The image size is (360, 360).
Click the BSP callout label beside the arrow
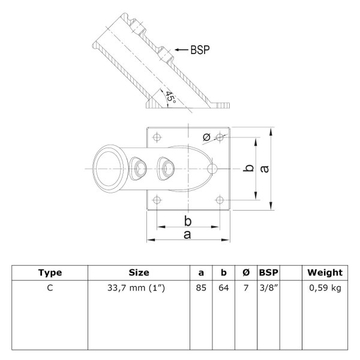click(x=200, y=50)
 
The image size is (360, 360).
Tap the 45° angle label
click(x=171, y=97)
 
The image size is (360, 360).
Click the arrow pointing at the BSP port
click(x=181, y=50)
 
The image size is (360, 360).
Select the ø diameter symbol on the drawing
click(x=206, y=137)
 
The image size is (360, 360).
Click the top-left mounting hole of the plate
click(x=157, y=137)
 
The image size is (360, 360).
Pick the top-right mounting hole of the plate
click(x=220, y=137)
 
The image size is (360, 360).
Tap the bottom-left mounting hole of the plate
click(x=157, y=200)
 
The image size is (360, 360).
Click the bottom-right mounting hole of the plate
click(x=220, y=200)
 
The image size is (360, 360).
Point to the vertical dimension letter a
click(x=265, y=169)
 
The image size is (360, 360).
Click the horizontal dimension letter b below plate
click(x=188, y=221)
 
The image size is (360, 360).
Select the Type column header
click(x=50, y=272)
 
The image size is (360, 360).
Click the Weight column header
click(x=325, y=272)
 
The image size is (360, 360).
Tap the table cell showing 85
click(x=201, y=287)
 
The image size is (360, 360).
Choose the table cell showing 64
click(x=224, y=287)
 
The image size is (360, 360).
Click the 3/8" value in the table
click(x=269, y=287)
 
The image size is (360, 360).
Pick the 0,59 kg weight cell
click(x=325, y=288)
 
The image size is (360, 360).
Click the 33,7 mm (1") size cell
click(x=136, y=288)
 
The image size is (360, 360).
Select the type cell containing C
click(x=50, y=287)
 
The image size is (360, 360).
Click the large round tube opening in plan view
click(x=109, y=169)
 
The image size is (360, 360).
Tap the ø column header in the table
click(x=246, y=272)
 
